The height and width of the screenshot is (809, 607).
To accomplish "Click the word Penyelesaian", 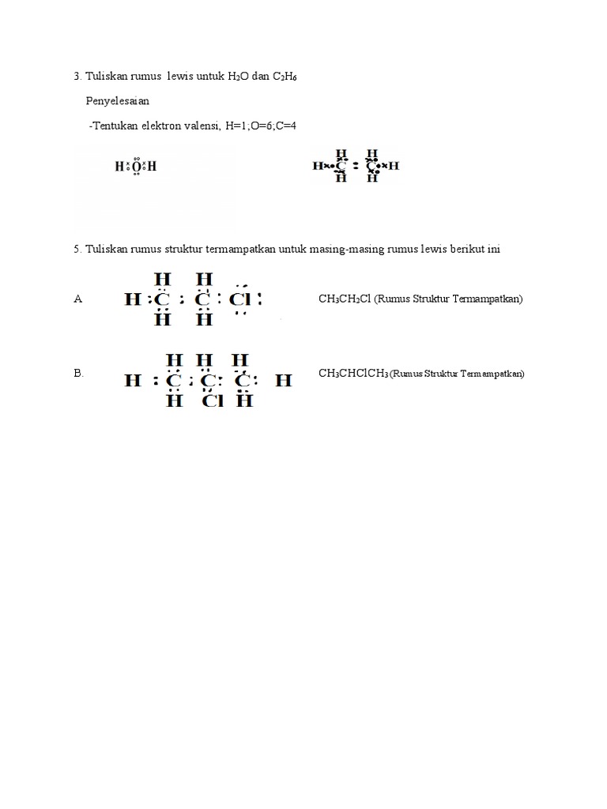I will click(x=118, y=101).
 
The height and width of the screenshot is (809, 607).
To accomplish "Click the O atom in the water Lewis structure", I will click(x=137, y=167).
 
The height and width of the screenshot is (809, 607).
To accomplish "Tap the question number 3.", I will click(x=76, y=76).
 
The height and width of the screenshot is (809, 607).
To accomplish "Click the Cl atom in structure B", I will click(x=213, y=401).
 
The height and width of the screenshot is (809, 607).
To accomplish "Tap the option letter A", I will click(x=77, y=299).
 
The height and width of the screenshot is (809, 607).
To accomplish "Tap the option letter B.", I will click(x=78, y=373).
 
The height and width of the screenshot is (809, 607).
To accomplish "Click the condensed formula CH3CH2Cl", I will click(x=345, y=299).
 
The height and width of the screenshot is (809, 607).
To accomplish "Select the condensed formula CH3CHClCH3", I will click(x=353, y=373).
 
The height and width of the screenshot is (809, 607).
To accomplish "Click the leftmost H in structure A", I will click(x=132, y=300).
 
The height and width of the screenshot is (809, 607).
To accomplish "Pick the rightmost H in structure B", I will click(x=284, y=381).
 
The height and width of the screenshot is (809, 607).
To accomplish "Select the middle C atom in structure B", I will click(x=208, y=381).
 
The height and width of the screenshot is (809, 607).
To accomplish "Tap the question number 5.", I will click(x=76, y=249).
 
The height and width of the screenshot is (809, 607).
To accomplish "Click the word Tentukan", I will click(x=114, y=126).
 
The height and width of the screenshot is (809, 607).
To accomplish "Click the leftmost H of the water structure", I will click(x=119, y=167).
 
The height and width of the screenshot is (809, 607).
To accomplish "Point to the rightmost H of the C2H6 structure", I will click(x=394, y=166).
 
